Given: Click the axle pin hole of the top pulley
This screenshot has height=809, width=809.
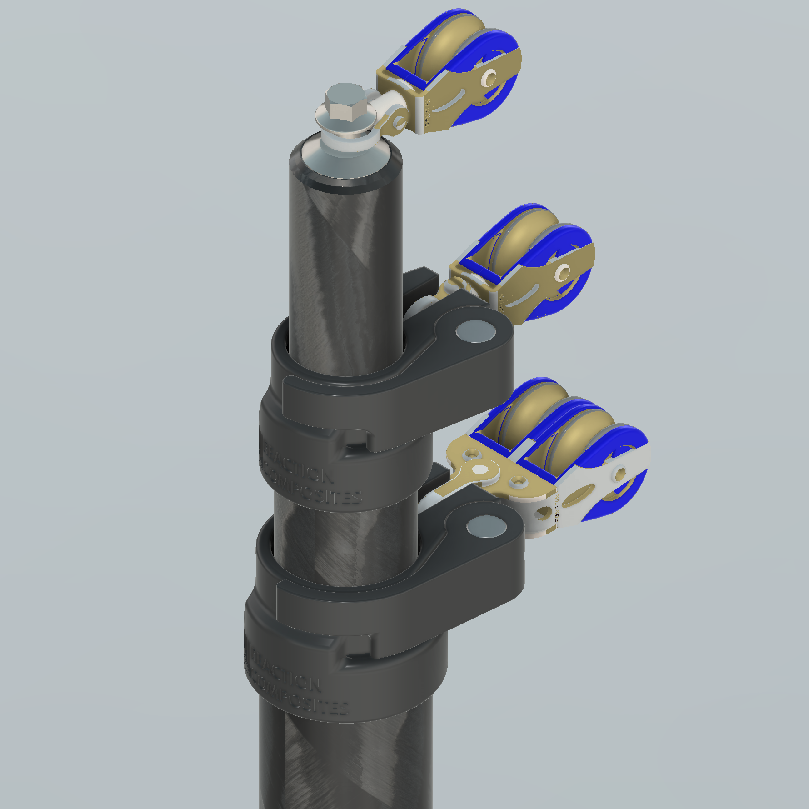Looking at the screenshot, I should pyautogui.click(x=489, y=78).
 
